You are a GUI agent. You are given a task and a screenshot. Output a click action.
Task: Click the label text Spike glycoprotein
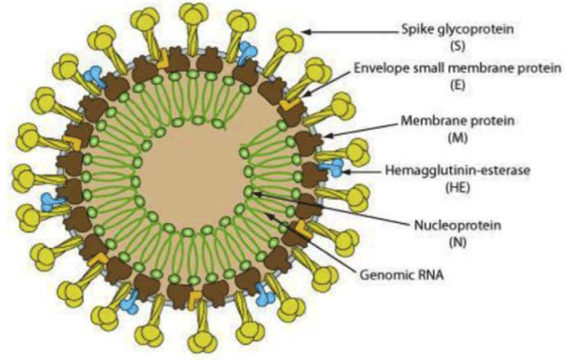pyautogui.click(x=457, y=29)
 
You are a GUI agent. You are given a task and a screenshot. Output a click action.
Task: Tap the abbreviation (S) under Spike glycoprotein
pyautogui.click(x=457, y=47)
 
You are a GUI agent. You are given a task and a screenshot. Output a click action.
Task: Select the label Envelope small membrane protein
pyautogui.click(x=457, y=68)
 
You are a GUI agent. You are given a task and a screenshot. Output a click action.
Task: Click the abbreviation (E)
pyautogui.click(x=457, y=85)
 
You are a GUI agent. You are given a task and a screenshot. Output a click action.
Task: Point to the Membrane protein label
pyautogui.click(x=457, y=121)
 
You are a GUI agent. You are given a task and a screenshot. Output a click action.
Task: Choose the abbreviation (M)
pyautogui.click(x=457, y=138)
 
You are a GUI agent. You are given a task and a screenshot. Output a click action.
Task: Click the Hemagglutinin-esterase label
pyautogui.click(x=457, y=170)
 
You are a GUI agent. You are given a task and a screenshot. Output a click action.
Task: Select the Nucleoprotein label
pyautogui.click(x=457, y=225)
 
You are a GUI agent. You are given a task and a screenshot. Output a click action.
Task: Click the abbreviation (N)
pyautogui.click(x=457, y=242)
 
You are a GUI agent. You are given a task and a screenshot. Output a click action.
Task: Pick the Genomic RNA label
pyautogui.click(x=402, y=275)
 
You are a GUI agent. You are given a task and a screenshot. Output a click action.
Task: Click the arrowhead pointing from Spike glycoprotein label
pyautogui.click(x=305, y=32)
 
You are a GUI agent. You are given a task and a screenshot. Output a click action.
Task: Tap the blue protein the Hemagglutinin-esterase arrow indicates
pyautogui.click(x=331, y=167)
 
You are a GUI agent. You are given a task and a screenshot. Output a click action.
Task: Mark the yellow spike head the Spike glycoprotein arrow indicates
pyautogui.click(x=289, y=41)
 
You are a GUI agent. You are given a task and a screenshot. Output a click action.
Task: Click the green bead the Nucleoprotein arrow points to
pyautogui.click(x=249, y=191)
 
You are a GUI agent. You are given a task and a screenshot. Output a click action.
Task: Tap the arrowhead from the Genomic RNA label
pyautogui.click(x=269, y=216)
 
